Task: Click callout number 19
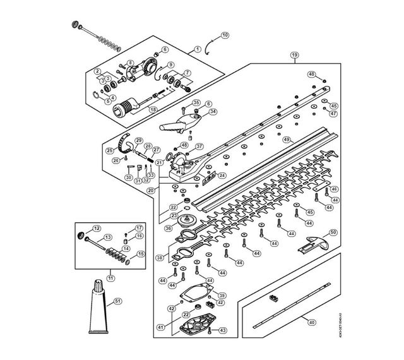coord(294,56)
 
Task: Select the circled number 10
coord(225,35)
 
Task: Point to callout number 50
coord(333,232)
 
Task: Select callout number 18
coord(152,109)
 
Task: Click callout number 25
coord(109,150)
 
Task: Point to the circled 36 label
coord(168,227)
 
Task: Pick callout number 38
coord(159,258)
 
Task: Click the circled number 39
coord(222,296)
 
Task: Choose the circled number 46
coord(311,75)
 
